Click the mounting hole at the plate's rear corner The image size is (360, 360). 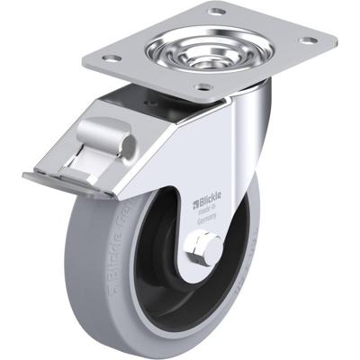[x=216, y=12]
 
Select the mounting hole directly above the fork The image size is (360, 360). [x=203, y=87]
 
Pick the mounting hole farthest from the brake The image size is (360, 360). [x=309, y=40]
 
